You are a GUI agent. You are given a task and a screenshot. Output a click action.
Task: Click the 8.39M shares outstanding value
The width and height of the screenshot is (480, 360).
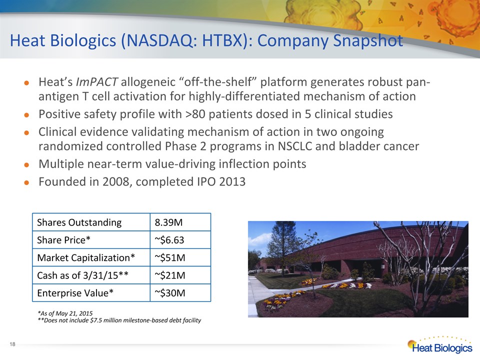[168, 222]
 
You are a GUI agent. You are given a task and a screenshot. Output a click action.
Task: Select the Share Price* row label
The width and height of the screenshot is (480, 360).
[63, 240]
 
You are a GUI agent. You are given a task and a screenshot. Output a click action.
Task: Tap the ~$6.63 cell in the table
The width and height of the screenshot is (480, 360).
[169, 240]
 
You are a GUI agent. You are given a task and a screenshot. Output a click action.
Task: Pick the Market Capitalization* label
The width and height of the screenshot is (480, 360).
[86, 258]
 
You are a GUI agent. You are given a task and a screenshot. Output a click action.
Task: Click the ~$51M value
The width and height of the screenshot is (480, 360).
[170, 258]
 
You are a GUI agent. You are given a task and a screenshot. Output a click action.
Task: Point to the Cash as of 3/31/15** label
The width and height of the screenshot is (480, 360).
[82, 275]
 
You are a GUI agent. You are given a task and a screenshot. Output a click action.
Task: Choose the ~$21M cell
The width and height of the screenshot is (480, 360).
[170, 275]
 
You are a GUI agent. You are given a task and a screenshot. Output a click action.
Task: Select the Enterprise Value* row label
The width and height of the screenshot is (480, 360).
[75, 293]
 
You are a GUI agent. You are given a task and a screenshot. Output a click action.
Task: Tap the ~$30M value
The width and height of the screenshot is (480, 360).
[170, 293]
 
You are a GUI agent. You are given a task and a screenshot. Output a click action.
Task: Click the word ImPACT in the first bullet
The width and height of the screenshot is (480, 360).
[96, 82]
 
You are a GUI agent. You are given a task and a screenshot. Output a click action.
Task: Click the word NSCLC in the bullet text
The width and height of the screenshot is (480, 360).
[295, 146]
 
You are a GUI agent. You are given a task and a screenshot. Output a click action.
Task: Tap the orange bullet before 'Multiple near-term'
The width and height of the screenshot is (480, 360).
[26, 164]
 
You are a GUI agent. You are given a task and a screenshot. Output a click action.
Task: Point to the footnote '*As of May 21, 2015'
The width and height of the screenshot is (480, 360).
[65, 313]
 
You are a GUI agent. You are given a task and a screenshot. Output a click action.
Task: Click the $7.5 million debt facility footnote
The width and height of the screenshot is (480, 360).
[119, 320]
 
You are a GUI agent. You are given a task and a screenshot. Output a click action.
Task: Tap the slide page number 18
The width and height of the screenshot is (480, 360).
[12, 344]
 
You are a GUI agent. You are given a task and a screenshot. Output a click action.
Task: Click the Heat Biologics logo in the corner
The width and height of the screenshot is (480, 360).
[440, 345]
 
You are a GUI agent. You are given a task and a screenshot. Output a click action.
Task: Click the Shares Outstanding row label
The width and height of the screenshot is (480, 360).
[79, 222]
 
